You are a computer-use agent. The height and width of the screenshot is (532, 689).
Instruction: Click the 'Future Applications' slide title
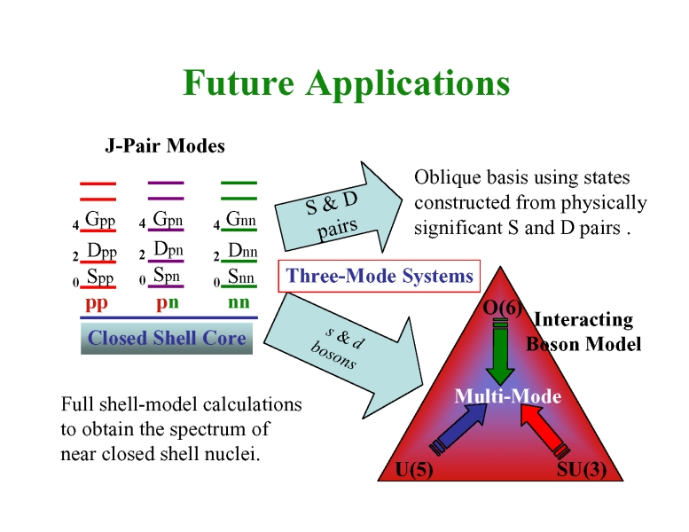tap(346, 83)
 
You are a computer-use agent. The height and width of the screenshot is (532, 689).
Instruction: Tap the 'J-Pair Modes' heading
tap(165, 145)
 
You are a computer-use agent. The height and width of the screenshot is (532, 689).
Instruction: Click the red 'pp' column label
tap(97, 303)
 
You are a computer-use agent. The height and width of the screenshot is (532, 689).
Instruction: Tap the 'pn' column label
tap(168, 303)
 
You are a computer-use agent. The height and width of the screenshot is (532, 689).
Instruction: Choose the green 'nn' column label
tap(238, 303)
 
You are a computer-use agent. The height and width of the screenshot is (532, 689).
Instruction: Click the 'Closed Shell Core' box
tap(167, 338)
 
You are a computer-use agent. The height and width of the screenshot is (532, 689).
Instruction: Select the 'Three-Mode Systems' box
tap(380, 277)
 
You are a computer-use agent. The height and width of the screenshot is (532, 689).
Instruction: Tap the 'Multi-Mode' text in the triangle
tap(507, 396)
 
